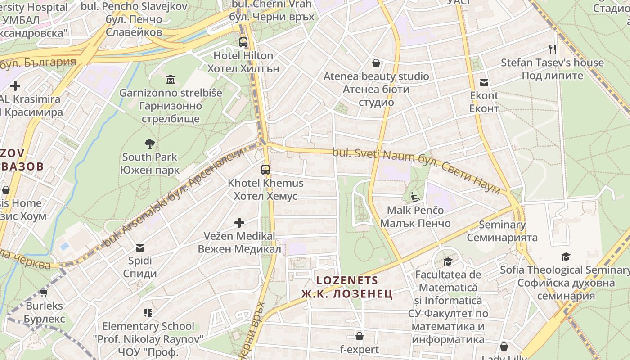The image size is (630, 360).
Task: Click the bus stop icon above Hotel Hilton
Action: (x=243, y=42)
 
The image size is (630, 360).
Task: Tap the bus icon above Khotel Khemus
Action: (x=265, y=170)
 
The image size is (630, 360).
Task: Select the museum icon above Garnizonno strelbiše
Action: (x=171, y=80)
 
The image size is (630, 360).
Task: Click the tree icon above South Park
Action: (x=149, y=144)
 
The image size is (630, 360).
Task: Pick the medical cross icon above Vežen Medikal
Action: (x=239, y=222)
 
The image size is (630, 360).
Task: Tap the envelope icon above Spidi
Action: (x=140, y=247)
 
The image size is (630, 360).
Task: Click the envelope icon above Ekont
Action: (x=484, y=82)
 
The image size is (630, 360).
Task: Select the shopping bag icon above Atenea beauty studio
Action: (x=376, y=63)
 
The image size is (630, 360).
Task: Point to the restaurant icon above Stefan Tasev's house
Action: (x=552, y=49)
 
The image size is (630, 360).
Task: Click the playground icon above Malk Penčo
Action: (x=415, y=197)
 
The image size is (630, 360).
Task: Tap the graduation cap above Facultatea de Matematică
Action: (x=448, y=261)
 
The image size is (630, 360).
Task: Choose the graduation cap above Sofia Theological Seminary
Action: (x=566, y=256)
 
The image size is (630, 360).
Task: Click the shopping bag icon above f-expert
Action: (x=359, y=336)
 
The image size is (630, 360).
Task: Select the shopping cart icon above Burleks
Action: (x=44, y=292)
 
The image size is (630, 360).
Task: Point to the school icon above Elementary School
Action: (x=148, y=312)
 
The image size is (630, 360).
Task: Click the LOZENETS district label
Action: (x=347, y=280)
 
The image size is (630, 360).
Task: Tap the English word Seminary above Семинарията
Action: (x=502, y=225)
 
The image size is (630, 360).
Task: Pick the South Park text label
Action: (x=149, y=157)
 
